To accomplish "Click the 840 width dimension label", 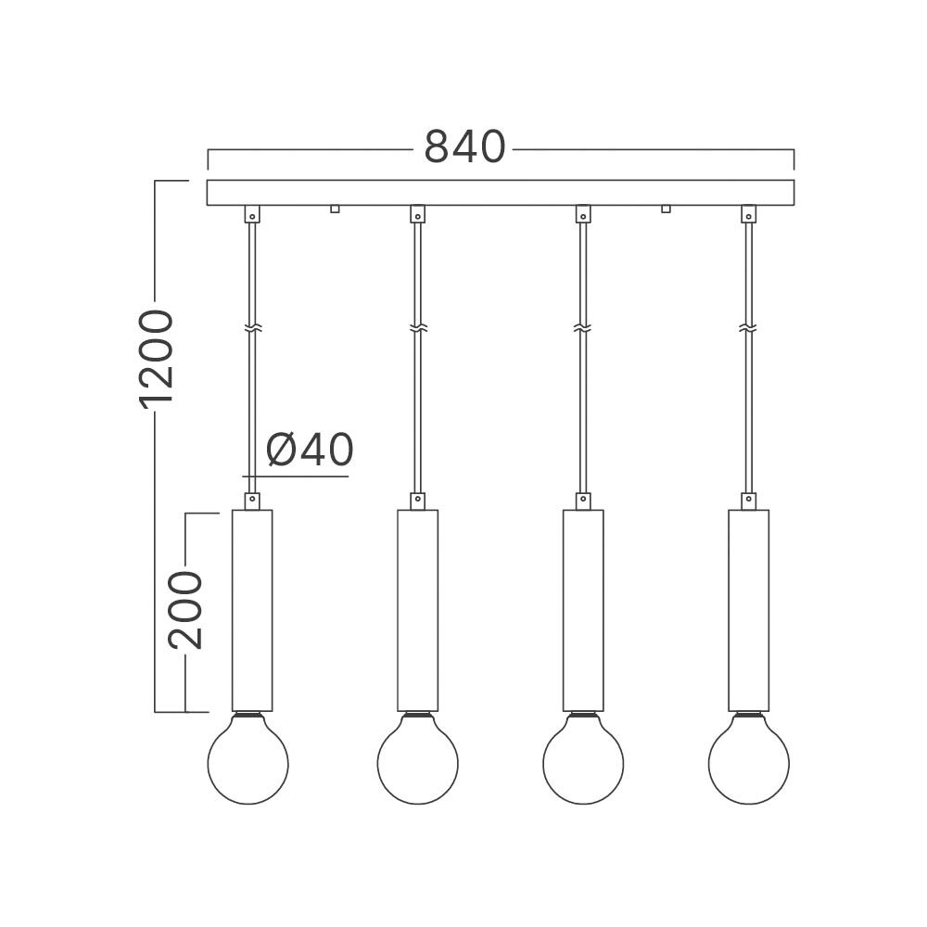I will point(465,147).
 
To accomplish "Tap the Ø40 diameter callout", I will point(310,451).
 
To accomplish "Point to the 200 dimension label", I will point(185,609).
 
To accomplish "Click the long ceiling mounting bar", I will point(501,192).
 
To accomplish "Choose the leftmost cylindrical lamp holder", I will point(252,610).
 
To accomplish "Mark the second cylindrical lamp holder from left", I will point(417,610).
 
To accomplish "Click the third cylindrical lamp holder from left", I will point(583,610).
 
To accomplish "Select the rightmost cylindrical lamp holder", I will point(748,610).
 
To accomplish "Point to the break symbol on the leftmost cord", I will point(252,328).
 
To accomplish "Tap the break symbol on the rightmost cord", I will point(748,328).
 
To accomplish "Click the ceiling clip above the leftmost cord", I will point(252,214).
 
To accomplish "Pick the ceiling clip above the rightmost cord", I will point(748,214).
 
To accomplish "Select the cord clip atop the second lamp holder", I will point(417,501).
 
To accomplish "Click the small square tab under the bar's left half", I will point(335,209).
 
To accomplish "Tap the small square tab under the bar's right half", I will point(666,209).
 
